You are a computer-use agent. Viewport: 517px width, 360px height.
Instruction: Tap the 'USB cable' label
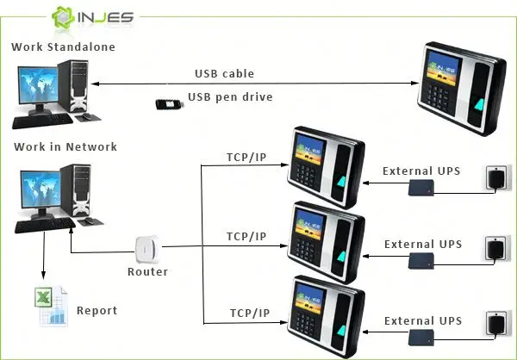click(224, 74)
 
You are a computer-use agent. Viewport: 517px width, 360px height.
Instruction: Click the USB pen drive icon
click(171, 103)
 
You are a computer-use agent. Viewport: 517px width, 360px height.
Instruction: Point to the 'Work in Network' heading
click(65, 146)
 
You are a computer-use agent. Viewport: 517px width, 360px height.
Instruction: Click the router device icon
click(148, 251)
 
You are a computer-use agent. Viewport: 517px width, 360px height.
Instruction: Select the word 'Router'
click(147, 272)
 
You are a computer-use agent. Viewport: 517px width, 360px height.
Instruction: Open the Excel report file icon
click(50, 305)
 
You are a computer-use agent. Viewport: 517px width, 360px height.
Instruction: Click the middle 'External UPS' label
click(423, 245)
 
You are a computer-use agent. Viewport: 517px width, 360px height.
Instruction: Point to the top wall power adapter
click(497, 178)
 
